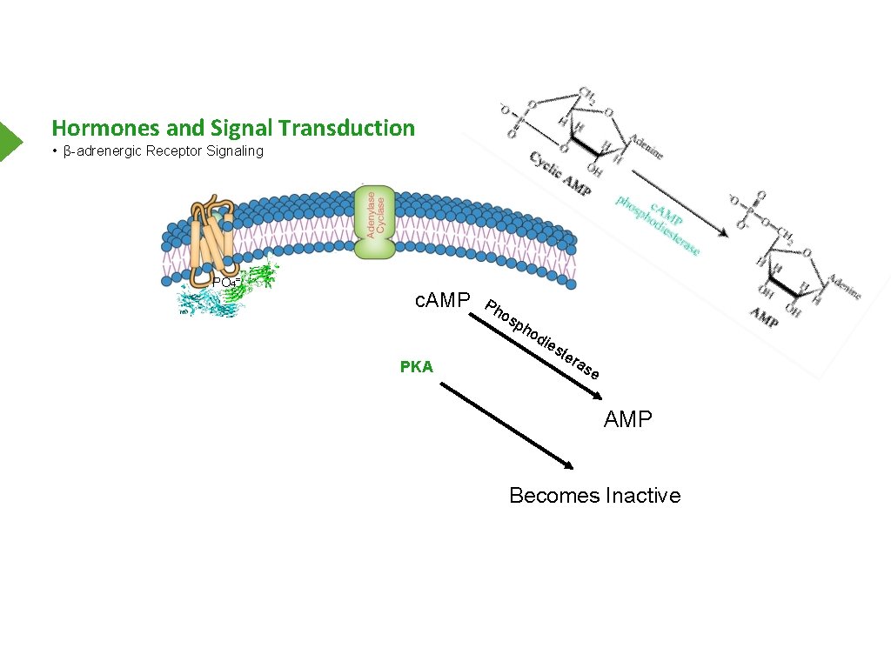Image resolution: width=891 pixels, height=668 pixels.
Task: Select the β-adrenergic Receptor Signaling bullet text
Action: [163, 151]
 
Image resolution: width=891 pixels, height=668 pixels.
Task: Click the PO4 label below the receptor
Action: [225, 283]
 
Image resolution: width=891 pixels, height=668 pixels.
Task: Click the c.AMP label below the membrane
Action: [443, 301]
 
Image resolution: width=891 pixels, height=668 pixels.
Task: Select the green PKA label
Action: [416, 367]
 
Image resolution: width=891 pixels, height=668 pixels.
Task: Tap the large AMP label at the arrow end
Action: [627, 420]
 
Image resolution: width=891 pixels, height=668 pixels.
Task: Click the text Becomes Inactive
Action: [594, 496]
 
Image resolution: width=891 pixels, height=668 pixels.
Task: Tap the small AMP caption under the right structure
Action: [765, 317]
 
